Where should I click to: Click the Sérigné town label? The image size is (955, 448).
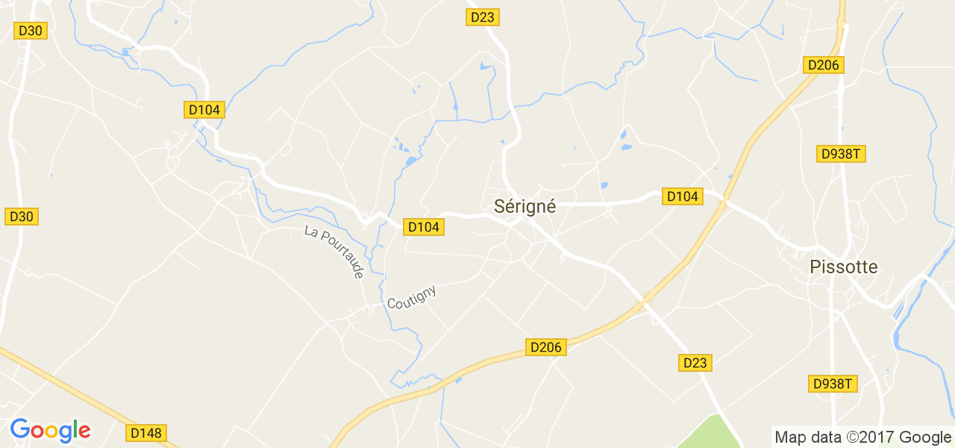[x=525, y=207]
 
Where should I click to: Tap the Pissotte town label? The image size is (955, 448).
[x=843, y=267]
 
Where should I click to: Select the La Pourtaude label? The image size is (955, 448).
[x=334, y=252]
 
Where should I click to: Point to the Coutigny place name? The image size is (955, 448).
[x=411, y=297]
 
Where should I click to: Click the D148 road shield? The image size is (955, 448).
[x=147, y=433]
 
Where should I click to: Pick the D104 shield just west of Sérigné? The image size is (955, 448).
[x=423, y=227]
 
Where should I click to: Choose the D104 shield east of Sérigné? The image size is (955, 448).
[x=682, y=196]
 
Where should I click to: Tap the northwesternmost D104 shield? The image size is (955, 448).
[x=204, y=110]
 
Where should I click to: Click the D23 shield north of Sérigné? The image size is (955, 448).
[x=482, y=17]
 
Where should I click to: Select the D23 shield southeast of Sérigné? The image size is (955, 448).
[x=695, y=363]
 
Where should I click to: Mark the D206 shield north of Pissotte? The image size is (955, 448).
[x=824, y=65]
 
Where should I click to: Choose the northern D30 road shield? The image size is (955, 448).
[x=31, y=31]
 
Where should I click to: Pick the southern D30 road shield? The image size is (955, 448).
[x=22, y=217]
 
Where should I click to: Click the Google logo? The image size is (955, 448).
[x=50, y=430]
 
